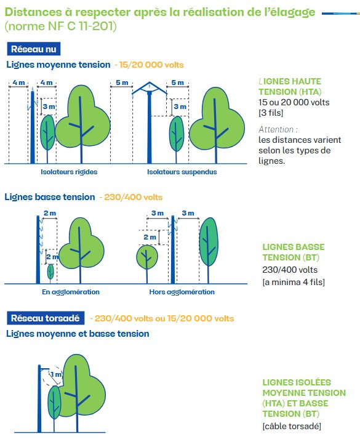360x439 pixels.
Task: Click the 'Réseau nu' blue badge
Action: click(x=34, y=49)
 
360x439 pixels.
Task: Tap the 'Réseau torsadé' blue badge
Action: click(x=46, y=318)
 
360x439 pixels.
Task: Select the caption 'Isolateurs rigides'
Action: click(x=69, y=172)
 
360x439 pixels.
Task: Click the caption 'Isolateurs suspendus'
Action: click(x=182, y=172)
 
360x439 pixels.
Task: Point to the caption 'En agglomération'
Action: click(x=71, y=292)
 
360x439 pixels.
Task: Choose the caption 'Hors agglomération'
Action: click(x=182, y=292)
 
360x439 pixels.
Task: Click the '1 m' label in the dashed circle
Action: click(x=56, y=374)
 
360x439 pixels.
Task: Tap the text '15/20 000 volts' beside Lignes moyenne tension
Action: click(x=151, y=65)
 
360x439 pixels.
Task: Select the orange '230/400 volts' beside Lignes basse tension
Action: click(x=134, y=197)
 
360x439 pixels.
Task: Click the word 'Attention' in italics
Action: click(x=276, y=129)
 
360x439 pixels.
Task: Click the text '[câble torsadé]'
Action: click(x=292, y=426)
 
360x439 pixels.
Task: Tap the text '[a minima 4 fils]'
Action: click(x=294, y=282)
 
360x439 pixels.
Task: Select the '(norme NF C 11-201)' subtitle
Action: click(x=61, y=26)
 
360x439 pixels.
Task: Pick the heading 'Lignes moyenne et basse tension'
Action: click(x=78, y=334)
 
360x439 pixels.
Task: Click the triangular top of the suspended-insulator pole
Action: click(x=150, y=87)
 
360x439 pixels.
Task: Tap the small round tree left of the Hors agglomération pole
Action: click(x=147, y=257)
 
